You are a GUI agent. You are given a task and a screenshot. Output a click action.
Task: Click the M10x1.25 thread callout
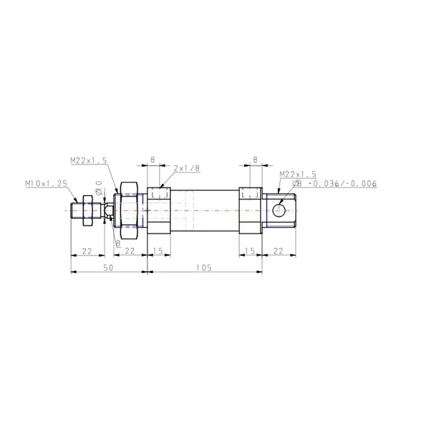(46, 183)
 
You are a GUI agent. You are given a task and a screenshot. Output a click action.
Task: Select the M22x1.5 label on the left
(88, 160)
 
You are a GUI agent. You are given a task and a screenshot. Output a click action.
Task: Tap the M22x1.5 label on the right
(297, 174)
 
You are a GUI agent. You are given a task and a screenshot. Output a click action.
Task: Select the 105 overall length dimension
(204, 268)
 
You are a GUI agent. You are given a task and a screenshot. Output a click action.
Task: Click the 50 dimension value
(108, 268)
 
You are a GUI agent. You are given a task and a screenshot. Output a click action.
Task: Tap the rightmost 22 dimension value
(278, 251)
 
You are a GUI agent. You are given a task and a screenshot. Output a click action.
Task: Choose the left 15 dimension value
(159, 251)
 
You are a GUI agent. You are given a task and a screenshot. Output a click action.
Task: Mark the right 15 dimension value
(250, 251)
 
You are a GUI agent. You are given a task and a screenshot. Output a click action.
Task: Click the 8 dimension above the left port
(153, 160)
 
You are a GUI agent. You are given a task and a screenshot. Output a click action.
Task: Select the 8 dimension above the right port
(255, 160)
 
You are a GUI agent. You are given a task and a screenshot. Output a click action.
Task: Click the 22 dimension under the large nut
(130, 251)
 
